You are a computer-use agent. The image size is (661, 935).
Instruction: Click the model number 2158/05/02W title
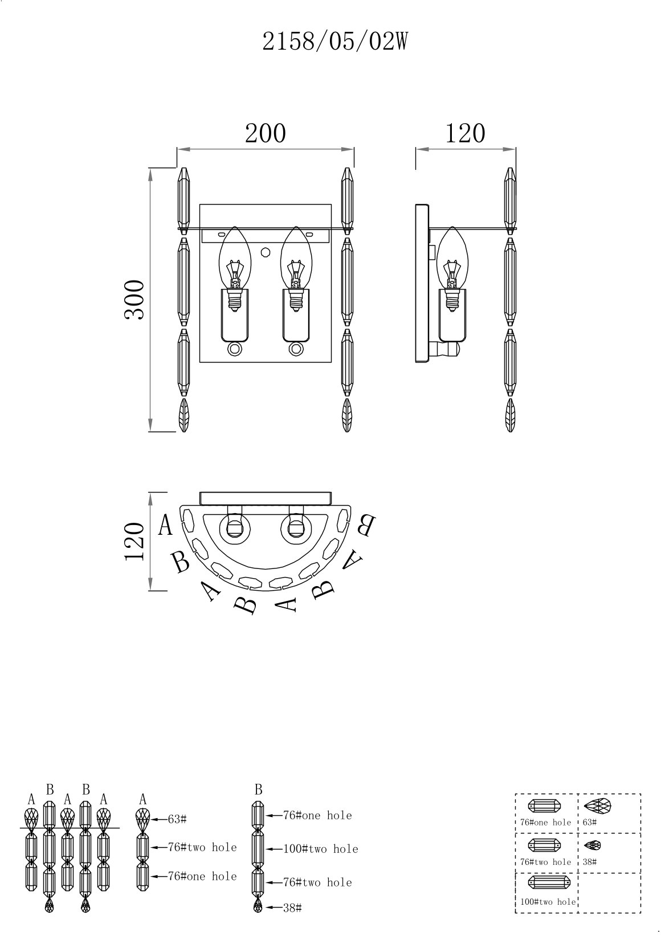coord(334,42)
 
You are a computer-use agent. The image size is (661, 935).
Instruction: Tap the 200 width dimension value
coord(266,133)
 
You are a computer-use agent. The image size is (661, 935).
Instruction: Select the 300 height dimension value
coord(134,300)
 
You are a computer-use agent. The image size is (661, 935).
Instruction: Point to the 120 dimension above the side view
coord(466,133)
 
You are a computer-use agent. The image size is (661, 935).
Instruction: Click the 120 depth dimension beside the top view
coord(134,541)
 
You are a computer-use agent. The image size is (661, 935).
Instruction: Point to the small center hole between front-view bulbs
coord(265,252)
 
